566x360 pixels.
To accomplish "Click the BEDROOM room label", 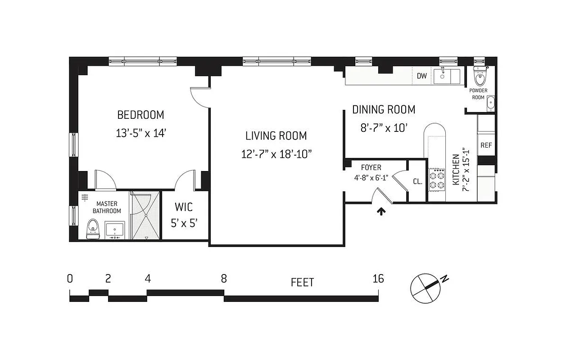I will tap(140, 115).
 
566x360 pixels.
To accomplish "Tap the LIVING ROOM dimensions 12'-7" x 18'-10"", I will tap(276, 154).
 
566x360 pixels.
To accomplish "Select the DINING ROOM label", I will tap(383, 109).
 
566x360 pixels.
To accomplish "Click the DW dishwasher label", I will tap(421, 76).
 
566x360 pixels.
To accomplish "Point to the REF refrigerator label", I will tap(486, 145).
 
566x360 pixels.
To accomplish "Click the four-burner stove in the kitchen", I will tap(436, 179).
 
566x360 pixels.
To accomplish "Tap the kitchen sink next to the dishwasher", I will tap(446, 76).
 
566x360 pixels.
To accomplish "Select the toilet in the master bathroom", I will tap(93, 229).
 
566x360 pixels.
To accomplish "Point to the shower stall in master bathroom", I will tap(145, 215).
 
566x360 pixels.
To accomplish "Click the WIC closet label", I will tap(184, 207).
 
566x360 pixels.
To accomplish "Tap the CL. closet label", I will tap(417, 182).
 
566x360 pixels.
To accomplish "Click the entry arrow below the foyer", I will tap(382, 211).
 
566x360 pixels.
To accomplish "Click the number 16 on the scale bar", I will tap(378, 279).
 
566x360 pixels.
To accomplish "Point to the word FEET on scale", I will tap(302, 283).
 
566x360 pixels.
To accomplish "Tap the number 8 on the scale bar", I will tap(224, 279).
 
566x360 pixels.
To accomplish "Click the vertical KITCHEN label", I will tap(456, 170).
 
